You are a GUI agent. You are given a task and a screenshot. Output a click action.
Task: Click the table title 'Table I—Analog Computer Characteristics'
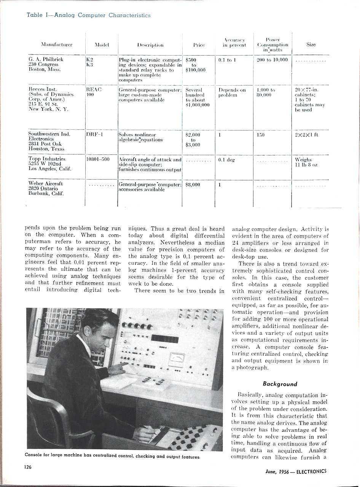pyautogui.click(x=89, y=16)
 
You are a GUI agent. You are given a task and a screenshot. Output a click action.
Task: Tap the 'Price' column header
pyautogui.click(x=199, y=45)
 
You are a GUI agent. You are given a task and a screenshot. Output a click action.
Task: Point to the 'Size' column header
pyautogui.click(x=311, y=45)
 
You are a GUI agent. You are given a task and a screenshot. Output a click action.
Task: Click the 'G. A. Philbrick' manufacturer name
pyautogui.click(x=46, y=59)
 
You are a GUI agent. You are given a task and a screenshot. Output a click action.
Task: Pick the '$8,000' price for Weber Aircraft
pyautogui.click(x=193, y=185)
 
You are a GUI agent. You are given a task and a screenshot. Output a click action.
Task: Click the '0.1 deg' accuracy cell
pyautogui.click(x=226, y=160)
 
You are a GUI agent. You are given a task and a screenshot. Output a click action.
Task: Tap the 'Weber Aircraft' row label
pyautogui.click(x=46, y=183)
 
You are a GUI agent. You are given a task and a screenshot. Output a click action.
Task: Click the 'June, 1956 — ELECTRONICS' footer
pyautogui.click(x=296, y=471)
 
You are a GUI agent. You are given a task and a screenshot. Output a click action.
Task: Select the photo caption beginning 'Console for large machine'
pyautogui.click(x=112, y=456)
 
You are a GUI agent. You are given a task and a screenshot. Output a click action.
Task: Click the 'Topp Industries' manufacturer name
pyautogui.click(x=47, y=159)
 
